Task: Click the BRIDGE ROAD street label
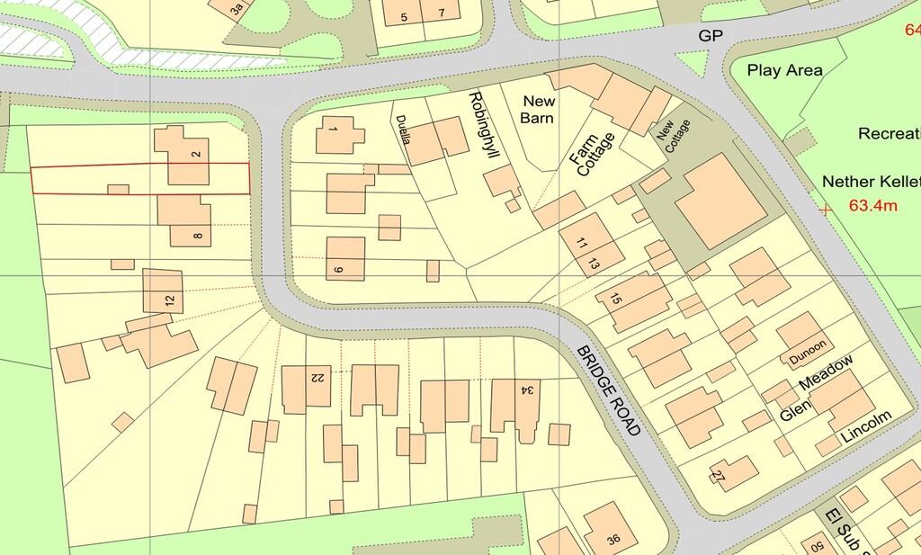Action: [x=609, y=389]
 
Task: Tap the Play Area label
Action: [x=784, y=70]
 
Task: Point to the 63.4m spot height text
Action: [x=874, y=206]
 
